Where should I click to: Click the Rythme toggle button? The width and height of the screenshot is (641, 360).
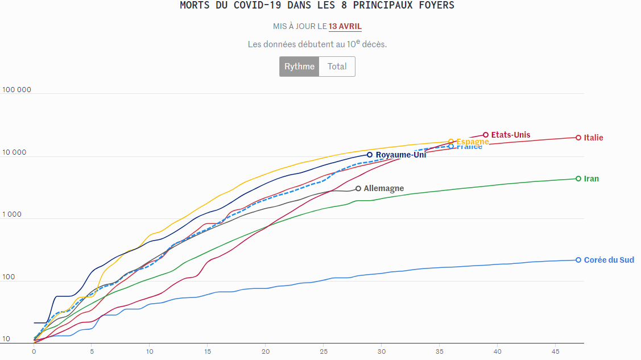pyautogui.click(x=299, y=67)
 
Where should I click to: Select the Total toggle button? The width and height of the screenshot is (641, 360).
pyautogui.click(x=337, y=67)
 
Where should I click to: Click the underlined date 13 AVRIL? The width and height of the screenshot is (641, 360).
pyautogui.click(x=345, y=26)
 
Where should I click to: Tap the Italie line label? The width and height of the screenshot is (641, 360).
pyautogui.click(x=593, y=138)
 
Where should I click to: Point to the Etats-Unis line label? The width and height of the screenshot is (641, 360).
pyautogui.click(x=510, y=135)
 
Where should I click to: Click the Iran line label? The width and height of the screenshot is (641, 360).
pyautogui.click(x=591, y=179)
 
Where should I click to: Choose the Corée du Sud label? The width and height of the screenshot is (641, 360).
pyautogui.click(x=609, y=260)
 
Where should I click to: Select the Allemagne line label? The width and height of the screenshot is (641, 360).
pyautogui.click(x=384, y=188)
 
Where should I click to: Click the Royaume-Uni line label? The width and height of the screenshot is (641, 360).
pyautogui.click(x=400, y=155)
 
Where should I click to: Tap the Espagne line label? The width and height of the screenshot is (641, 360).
pyautogui.click(x=473, y=141)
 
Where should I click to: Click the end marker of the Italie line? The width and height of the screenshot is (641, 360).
pyautogui.click(x=578, y=138)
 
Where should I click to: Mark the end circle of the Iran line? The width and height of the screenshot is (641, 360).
pyautogui.click(x=578, y=179)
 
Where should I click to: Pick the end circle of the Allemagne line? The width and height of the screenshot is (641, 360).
pyautogui.click(x=358, y=188)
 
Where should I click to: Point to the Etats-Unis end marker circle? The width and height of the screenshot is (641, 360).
pyautogui.click(x=486, y=135)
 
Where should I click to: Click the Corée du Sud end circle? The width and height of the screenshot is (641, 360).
pyautogui.click(x=578, y=260)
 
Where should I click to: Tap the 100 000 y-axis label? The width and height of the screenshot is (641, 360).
pyautogui.click(x=17, y=90)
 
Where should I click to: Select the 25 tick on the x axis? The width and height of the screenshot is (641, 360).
pyautogui.click(x=324, y=351)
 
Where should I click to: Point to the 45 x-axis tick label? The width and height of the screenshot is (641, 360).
pyautogui.click(x=556, y=351)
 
